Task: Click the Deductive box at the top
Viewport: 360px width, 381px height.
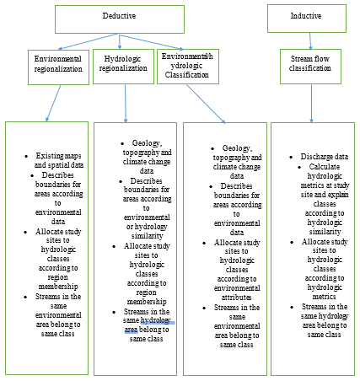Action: point(120,19)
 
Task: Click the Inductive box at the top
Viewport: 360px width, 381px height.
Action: point(307,19)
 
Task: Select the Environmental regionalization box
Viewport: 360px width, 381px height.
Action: point(58,67)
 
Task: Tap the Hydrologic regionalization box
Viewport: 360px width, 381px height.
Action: point(123,67)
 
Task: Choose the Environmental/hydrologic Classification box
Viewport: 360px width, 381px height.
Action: point(188,67)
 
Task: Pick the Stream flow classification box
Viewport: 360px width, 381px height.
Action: point(310,67)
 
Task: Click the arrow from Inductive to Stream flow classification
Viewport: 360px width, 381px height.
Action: point(310,41)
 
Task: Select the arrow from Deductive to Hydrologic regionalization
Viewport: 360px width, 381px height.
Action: point(120,41)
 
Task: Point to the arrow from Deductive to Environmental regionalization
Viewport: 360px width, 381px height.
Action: point(89,41)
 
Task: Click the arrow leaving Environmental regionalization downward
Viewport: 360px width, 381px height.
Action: point(53,103)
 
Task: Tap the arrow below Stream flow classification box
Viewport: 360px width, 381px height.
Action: point(311,104)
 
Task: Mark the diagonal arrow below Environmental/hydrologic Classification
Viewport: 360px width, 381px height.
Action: point(206,104)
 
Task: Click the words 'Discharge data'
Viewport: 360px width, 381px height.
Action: point(325,157)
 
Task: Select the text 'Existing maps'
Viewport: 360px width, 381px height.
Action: point(58,156)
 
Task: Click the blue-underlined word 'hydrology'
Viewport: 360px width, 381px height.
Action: point(155,320)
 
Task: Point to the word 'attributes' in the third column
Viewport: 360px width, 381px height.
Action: point(237,298)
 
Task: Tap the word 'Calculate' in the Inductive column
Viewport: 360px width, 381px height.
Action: point(325,167)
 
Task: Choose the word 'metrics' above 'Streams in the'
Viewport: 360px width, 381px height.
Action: point(325,297)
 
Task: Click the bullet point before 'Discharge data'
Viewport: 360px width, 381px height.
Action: point(291,157)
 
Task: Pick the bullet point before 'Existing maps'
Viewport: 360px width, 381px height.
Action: point(26,156)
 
